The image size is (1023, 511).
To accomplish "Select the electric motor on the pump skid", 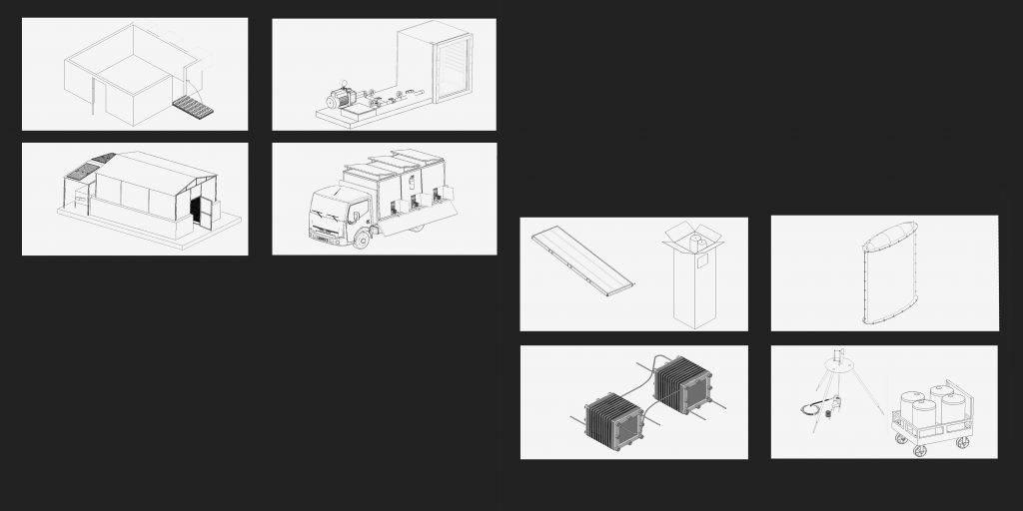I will coord(342,99).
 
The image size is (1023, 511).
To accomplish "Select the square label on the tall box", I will coord(701,261).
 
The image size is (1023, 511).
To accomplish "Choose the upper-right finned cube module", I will coord(682,385).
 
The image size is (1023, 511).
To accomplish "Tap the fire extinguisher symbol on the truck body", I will coord(413,181).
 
